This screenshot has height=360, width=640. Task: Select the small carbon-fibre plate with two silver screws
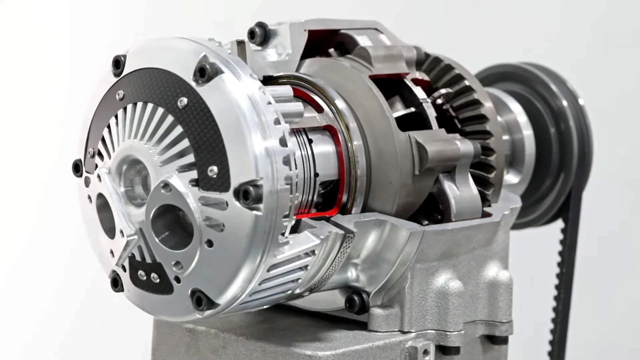(150, 277)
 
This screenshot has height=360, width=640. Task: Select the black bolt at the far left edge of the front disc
(77, 167)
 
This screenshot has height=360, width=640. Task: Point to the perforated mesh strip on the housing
(337, 263)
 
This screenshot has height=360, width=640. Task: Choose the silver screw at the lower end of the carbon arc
(212, 171)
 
